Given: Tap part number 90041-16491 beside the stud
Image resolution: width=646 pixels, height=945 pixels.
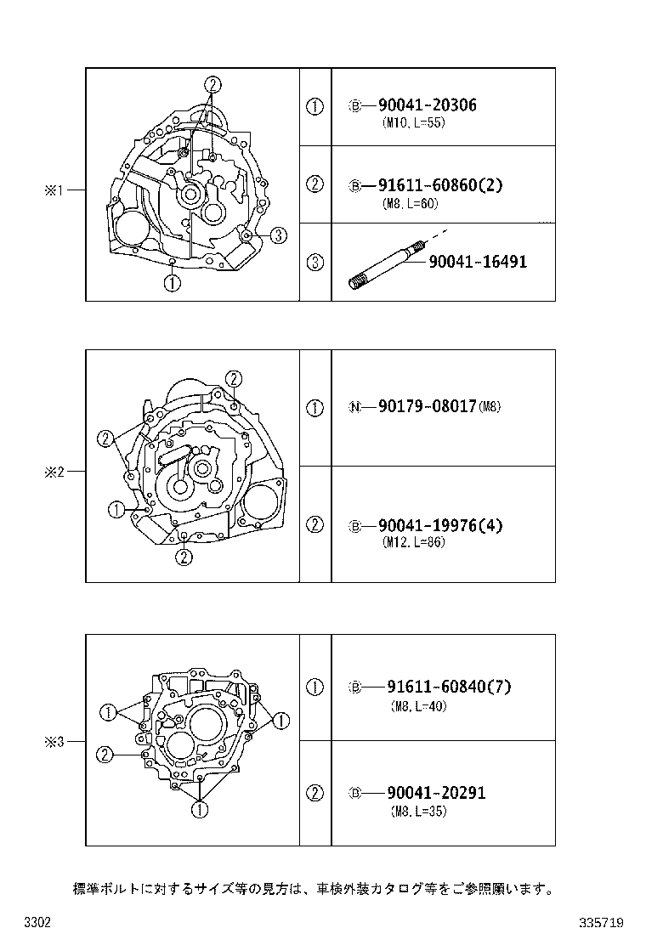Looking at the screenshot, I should click(x=477, y=262).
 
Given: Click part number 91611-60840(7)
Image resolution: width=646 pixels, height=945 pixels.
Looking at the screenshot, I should click(x=449, y=687).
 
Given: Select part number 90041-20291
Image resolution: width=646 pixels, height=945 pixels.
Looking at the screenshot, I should click(x=436, y=793).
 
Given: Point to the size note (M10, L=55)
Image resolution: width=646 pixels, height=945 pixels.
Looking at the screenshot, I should click(x=414, y=122).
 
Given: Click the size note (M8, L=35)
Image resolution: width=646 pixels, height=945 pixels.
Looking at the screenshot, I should click(x=418, y=811).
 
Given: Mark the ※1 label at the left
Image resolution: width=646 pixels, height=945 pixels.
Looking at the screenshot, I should click(x=54, y=191).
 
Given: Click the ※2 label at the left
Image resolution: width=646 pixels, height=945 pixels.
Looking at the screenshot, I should click(x=54, y=472).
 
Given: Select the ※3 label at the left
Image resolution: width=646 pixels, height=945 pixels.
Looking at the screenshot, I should click(x=54, y=742).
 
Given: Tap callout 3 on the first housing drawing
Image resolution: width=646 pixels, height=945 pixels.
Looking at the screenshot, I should click(x=280, y=235).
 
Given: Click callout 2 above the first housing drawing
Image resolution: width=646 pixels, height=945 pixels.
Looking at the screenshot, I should click(x=212, y=84).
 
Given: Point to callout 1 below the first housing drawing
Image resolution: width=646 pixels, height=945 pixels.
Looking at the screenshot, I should click(x=173, y=284).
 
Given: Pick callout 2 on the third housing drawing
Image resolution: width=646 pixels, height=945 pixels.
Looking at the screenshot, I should click(x=105, y=754).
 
